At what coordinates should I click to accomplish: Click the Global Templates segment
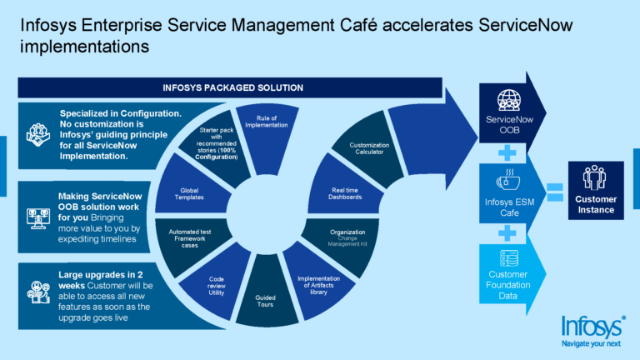tap(189, 192)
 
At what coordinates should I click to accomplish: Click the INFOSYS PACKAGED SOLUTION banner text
tap(232, 87)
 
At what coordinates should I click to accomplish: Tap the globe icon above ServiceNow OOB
tap(507, 100)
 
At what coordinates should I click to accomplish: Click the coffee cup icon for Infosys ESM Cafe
tap(507, 180)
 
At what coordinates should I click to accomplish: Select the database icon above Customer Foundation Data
tap(507, 258)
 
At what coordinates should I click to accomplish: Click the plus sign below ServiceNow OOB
tap(506, 151)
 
